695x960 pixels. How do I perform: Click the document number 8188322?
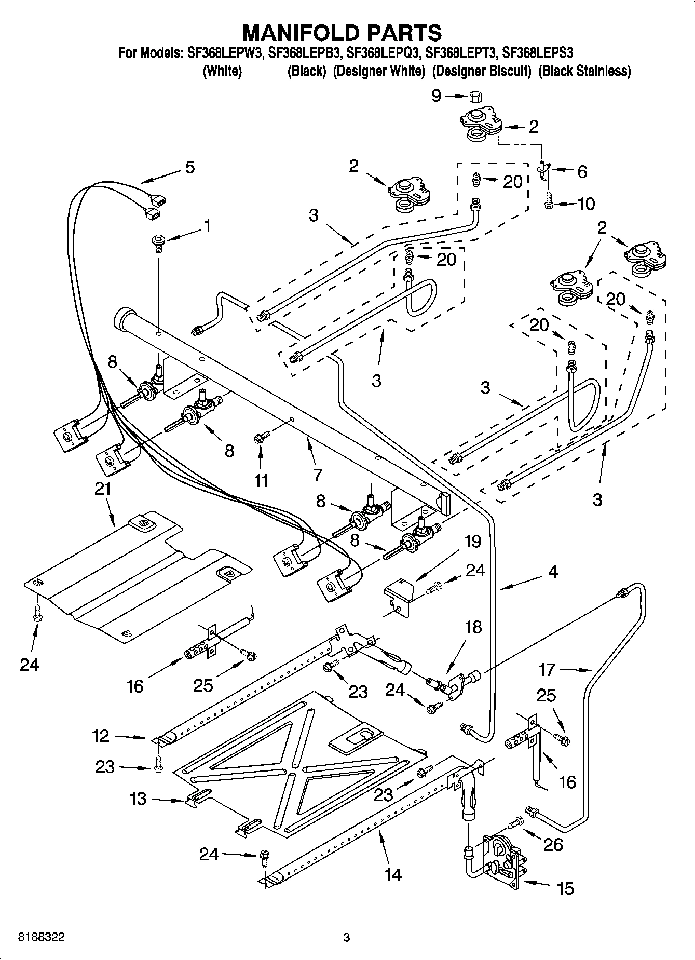[42, 937]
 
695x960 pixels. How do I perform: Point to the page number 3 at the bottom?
[347, 937]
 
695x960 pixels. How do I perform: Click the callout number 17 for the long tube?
[547, 670]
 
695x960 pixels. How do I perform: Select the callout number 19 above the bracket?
[472, 542]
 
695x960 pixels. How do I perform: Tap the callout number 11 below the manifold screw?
[261, 481]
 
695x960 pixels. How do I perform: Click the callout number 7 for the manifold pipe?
[317, 475]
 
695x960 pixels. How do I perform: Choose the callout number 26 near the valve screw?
[552, 845]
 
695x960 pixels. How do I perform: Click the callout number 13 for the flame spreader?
[138, 799]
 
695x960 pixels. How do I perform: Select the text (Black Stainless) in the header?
[584, 71]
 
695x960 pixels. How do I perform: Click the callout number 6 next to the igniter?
[582, 171]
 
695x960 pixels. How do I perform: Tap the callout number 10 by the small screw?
[585, 204]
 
